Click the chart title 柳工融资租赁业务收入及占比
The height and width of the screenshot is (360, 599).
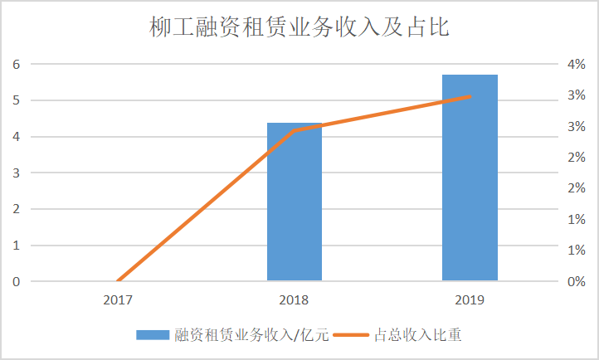point(299,28)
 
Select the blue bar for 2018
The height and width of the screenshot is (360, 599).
point(294,202)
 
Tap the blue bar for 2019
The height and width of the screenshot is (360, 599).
point(470,178)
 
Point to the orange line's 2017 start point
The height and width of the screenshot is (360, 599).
point(119,281)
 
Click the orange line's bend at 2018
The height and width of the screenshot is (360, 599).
point(294,130)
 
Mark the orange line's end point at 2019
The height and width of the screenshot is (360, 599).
point(470,97)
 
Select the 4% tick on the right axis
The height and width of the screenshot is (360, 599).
point(577,64)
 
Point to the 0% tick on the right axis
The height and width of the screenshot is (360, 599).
point(577,282)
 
